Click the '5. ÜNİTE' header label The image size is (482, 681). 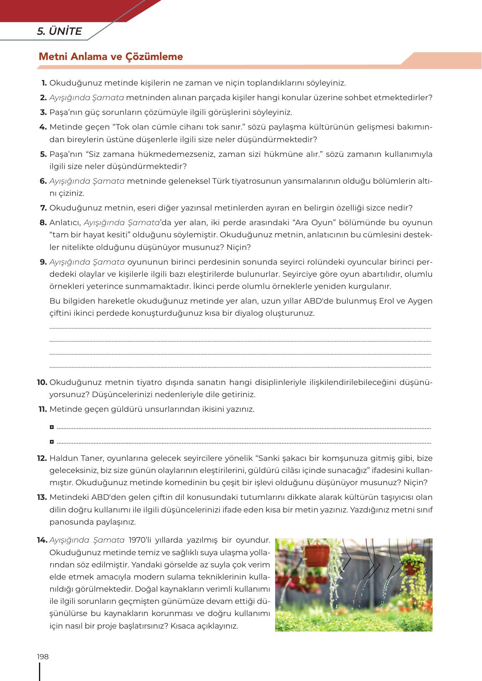(x=59, y=31)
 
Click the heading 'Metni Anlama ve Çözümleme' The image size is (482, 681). (x=111, y=57)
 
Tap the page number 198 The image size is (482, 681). (x=43, y=657)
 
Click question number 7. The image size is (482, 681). (x=43, y=208)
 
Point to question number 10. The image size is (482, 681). (x=42, y=382)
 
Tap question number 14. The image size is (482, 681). (x=42, y=540)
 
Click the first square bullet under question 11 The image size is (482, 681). (x=52, y=427)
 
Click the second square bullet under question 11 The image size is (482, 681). (x=52, y=442)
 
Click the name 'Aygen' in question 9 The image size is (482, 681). (x=420, y=301)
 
